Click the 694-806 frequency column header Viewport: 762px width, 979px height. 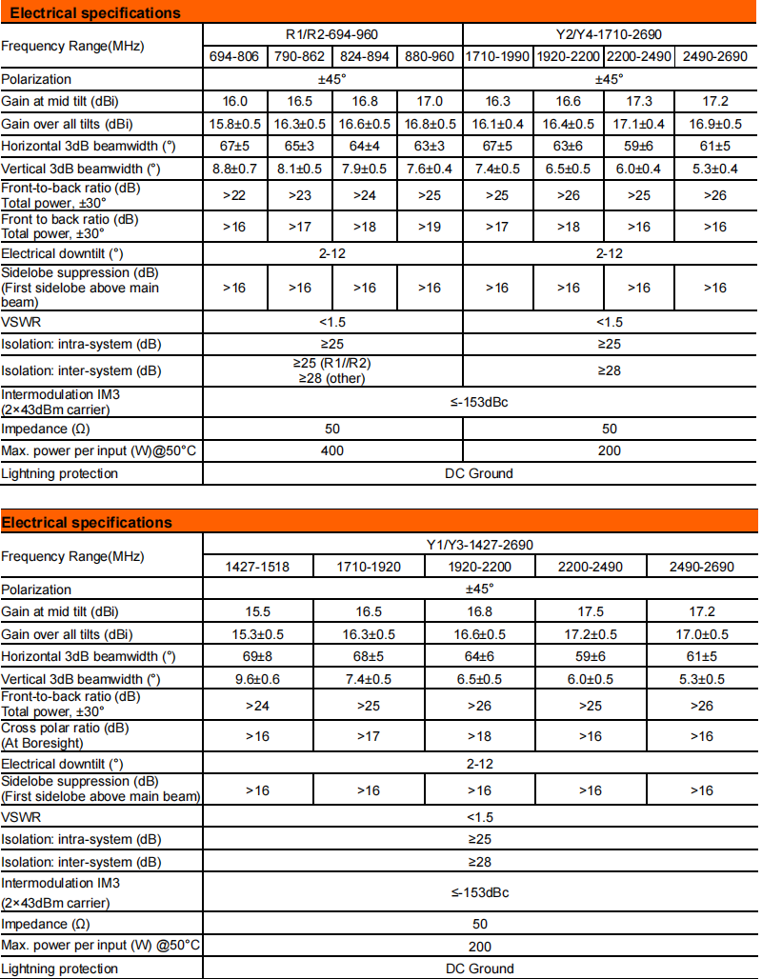235,56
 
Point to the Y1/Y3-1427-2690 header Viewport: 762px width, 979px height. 479,545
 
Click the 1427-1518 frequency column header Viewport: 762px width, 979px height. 256,567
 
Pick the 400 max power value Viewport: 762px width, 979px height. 332,450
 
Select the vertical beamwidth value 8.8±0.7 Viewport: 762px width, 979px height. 235,169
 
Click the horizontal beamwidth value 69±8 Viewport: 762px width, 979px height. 256,656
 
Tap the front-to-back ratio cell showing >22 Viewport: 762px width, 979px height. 235,195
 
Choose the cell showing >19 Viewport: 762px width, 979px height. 430,227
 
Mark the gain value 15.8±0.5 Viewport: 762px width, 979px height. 235,124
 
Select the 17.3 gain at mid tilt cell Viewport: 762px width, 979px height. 638,101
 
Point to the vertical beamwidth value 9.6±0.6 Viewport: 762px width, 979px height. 256,679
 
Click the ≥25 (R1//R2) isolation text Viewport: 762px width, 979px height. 332,364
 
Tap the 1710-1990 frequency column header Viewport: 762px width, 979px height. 498,56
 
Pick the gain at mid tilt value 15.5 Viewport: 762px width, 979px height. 256,611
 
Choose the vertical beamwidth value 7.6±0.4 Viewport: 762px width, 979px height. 430,169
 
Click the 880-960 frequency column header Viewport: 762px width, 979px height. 430,56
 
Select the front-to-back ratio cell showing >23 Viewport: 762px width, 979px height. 300,195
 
